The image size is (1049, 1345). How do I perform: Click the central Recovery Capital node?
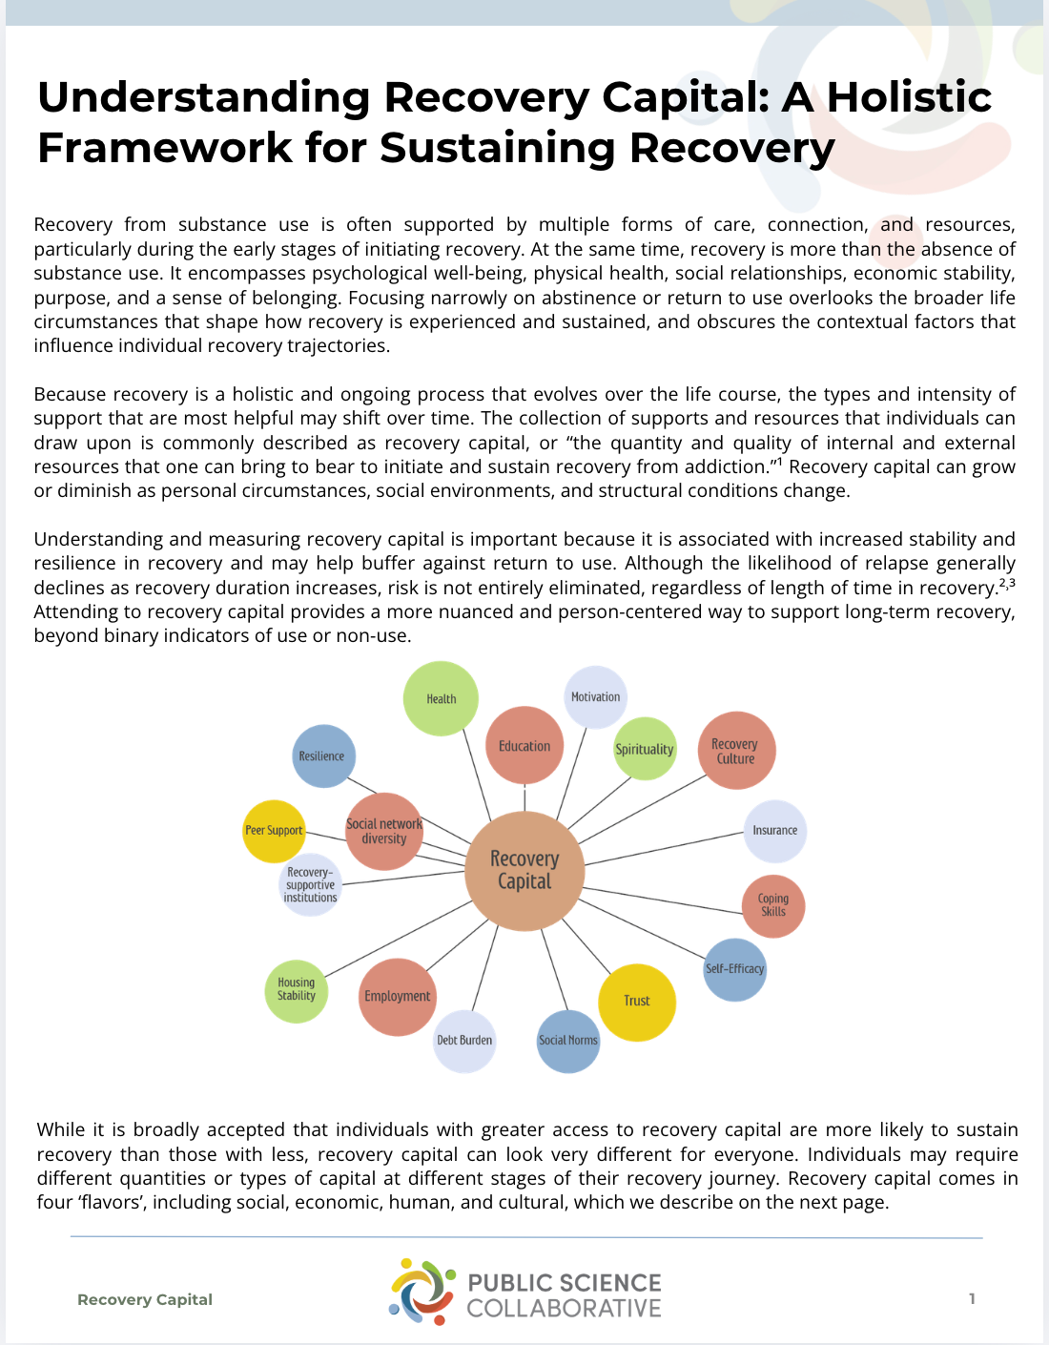coord(524,870)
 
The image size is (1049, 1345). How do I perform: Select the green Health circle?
coord(441,698)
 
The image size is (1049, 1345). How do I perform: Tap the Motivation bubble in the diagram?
coord(595,697)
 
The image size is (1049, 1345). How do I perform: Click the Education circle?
coord(524,746)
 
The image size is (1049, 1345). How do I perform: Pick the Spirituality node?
coord(645,749)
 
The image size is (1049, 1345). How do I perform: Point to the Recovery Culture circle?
coord(735,751)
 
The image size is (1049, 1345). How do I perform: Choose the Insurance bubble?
coord(774,831)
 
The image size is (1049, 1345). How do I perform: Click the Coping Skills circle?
coord(773,905)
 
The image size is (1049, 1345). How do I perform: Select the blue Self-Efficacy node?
coord(734,969)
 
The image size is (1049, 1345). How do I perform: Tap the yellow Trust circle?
coord(637,1002)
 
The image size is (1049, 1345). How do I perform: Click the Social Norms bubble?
coord(568,1041)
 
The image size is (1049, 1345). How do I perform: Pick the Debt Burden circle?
coord(464,1041)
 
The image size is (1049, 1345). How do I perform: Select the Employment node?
coord(398,997)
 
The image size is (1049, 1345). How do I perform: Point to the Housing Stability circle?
coord(297,990)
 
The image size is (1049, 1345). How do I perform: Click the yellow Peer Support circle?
coord(274,831)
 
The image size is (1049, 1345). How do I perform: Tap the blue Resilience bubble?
coord(322,756)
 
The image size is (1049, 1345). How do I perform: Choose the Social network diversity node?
coord(384,832)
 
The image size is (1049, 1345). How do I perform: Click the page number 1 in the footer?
coord(972,1298)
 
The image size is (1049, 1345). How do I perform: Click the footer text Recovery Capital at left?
coord(145,1299)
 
